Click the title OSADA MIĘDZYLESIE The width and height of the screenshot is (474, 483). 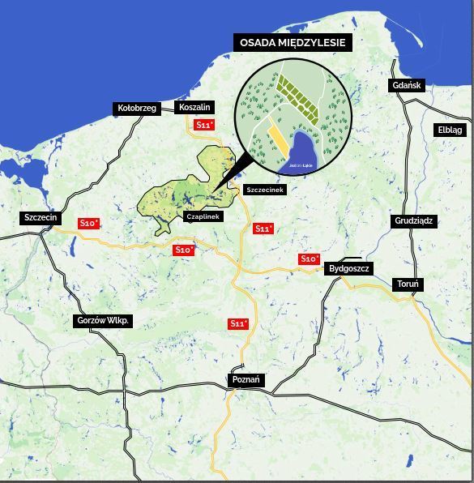coord(293,43)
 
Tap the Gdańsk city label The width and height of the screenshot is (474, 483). coord(406,85)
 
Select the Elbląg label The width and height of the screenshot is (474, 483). coord(450,130)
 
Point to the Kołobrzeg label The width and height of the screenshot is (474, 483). coord(136,108)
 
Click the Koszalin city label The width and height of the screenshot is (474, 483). coord(194,107)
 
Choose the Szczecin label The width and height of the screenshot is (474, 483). coord(40,217)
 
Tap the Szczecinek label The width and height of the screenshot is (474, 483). coord(264,190)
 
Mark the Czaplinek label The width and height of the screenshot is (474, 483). coord(202,216)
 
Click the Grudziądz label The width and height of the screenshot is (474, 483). coord(414,220)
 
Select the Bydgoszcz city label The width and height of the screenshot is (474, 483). coord(349,268)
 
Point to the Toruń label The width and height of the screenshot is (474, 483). coord(408,284)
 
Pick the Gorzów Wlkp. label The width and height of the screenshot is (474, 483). coord(103,320)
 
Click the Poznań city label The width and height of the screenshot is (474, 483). coord(246,379)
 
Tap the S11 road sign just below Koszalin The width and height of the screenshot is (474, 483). coord(204,125)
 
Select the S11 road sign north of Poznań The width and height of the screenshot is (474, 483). coord(237,323)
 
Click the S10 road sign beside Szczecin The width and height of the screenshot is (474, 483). coord(88,223)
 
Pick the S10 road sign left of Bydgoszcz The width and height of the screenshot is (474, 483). coord(309,259)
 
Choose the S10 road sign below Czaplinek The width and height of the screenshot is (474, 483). coord(184,250)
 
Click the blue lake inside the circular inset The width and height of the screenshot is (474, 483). coord(303,149)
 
